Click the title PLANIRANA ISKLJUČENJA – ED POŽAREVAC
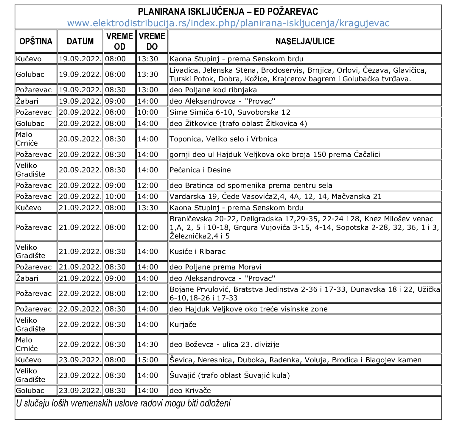[228, 12]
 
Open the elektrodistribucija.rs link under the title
[228, 23]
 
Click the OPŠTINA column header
[36, 41]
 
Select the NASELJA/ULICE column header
[305, 41]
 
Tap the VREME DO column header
[152, 41]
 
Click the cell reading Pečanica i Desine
[200, 170]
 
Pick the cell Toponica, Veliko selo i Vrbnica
[223, 139]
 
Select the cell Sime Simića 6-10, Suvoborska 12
[230, 112]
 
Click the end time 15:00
[148, 360]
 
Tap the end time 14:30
[148, 344]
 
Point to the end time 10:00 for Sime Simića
[148, 112]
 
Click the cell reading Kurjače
[183, 324]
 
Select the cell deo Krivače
[190, 391]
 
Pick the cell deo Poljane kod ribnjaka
[213, 90]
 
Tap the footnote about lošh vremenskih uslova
[123, 404]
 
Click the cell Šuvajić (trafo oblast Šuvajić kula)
[230, 375]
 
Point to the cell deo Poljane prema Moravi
[215, 267]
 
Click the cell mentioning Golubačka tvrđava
[298, 74]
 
